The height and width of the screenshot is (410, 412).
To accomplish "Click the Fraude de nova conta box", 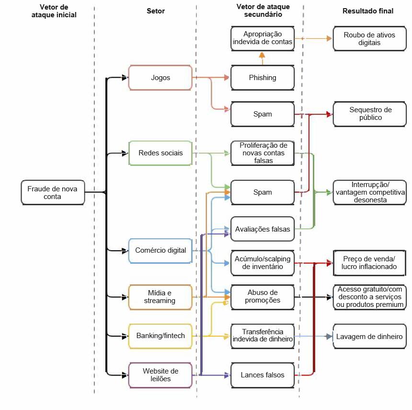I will click(x=52, y=192).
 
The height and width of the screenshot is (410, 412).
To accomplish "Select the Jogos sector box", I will click(x=160, y=77).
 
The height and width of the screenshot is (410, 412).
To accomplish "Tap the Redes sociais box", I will click(x=160, y=153).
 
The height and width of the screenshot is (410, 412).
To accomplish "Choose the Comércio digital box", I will click(x=160, y=250).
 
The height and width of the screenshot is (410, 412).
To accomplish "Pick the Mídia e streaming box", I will click(x=160, y=297).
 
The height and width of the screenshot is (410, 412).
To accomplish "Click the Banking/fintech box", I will click(x=160, y=335).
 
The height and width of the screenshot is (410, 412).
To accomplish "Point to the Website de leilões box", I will click(x=160, y=375).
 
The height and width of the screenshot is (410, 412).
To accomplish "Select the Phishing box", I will click(x=262, y=77).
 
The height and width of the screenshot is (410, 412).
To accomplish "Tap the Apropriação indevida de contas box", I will click(x=262, y=38).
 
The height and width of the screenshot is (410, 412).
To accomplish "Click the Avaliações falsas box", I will click(x=262, y=229).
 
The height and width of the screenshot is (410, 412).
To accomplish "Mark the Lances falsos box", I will click(x=262, y=375).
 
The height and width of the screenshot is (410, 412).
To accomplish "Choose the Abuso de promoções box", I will click(x=262, y=297).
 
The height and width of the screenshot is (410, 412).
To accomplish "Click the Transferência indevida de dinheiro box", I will click(x=262, y=335).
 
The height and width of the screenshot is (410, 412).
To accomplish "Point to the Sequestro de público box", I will click(x=369, y=114).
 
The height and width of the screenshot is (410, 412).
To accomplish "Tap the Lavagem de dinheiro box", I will click(x=369, y=336).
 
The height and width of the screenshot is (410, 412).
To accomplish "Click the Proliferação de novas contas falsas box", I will click(x=262, y=153).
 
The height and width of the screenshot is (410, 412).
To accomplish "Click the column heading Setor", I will click(x=156, y=11).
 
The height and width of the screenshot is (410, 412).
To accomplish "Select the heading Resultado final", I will click(x=368, y=11).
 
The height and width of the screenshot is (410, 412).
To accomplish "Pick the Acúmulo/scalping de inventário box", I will click(x=262, y=262).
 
